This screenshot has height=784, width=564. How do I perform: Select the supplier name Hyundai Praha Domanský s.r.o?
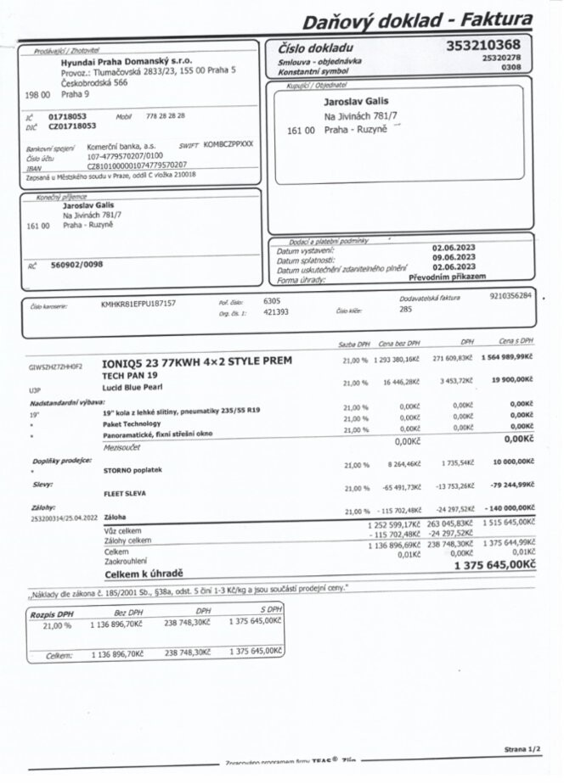(x=127, y=61)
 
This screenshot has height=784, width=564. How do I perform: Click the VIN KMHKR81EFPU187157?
(x=138, y=302)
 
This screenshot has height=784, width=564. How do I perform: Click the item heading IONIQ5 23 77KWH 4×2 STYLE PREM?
(x=196, y=361)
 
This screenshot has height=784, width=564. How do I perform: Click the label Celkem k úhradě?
(x=145, y=573)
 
